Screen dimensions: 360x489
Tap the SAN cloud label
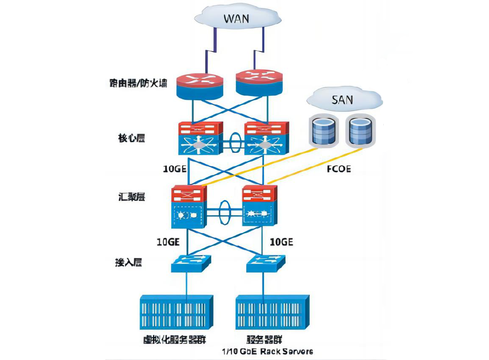click(x=342, y=101)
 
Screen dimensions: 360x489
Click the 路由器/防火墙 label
click(x=136, y=83)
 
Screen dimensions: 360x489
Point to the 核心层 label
click(x=131, y=138)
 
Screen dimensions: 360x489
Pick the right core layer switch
click(x=266, y=138)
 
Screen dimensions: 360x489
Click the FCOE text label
click(x=339, y=170)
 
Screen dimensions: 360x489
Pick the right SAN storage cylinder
click(x=360, y=131)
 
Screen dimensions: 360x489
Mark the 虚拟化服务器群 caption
click(x=175, y=340)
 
